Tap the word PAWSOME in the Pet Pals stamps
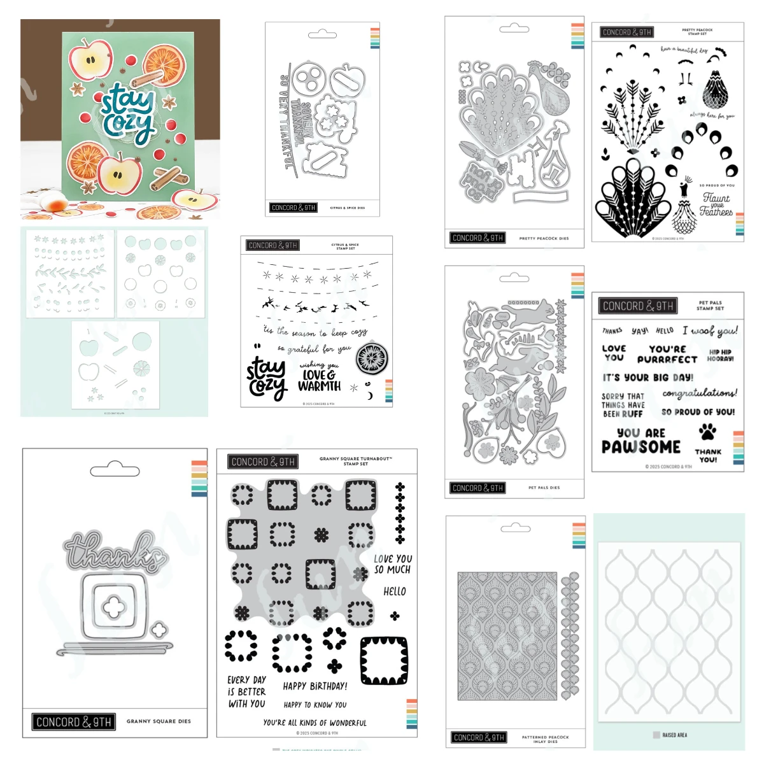click(x=641, y=447)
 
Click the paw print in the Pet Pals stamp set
click(x=707, y=433)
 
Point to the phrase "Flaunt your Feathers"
click(x=716, y=204)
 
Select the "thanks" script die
click(x=113, y=552)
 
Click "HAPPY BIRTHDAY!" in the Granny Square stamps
click(x=315, y=686)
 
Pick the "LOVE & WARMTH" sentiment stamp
click(x=320, y=379)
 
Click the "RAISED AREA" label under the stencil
click(x=674, y=735)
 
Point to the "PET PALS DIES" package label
click(x=544, y=488)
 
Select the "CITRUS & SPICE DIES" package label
click(x=348, y=208)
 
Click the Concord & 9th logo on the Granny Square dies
click(x=74, y=722)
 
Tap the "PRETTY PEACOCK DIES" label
click(x=544, y=238)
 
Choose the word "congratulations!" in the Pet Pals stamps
click(x=700, y=393)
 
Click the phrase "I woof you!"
click(x=710, y=330)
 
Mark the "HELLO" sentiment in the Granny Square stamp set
click(x=395, y=591)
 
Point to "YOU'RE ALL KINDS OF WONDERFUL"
click(x=315, y=723)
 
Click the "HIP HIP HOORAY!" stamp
click(x=720, y=355)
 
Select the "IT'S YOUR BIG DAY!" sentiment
click(x=648, y=377)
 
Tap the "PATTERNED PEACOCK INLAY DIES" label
click(x=545, y=739)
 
